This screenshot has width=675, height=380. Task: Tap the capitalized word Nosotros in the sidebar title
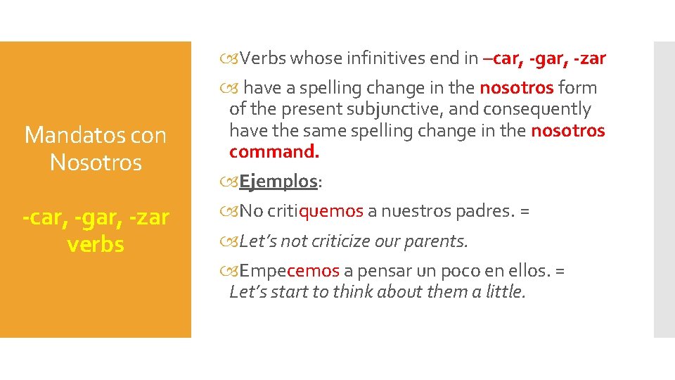96,163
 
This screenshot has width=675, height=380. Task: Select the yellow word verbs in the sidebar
96,244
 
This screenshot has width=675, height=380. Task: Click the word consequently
539,110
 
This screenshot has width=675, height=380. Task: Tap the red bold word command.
274,152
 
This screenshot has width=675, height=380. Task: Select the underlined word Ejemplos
278,182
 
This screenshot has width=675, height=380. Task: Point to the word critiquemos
315,211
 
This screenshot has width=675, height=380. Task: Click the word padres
481,211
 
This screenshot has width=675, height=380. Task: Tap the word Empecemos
290,271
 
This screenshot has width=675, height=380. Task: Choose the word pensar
388,271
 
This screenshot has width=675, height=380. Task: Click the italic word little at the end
506,291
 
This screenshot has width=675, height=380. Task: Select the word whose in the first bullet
320,58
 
